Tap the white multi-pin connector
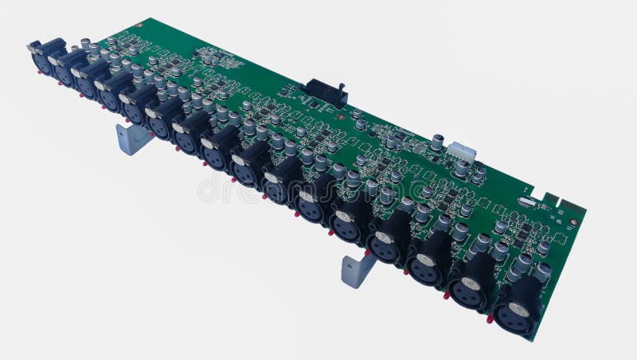coord(461,151)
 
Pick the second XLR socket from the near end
coord(471,286)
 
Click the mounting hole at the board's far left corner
coord(139,25)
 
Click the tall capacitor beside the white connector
coord(437,142)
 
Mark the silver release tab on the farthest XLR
coord(36,47)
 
